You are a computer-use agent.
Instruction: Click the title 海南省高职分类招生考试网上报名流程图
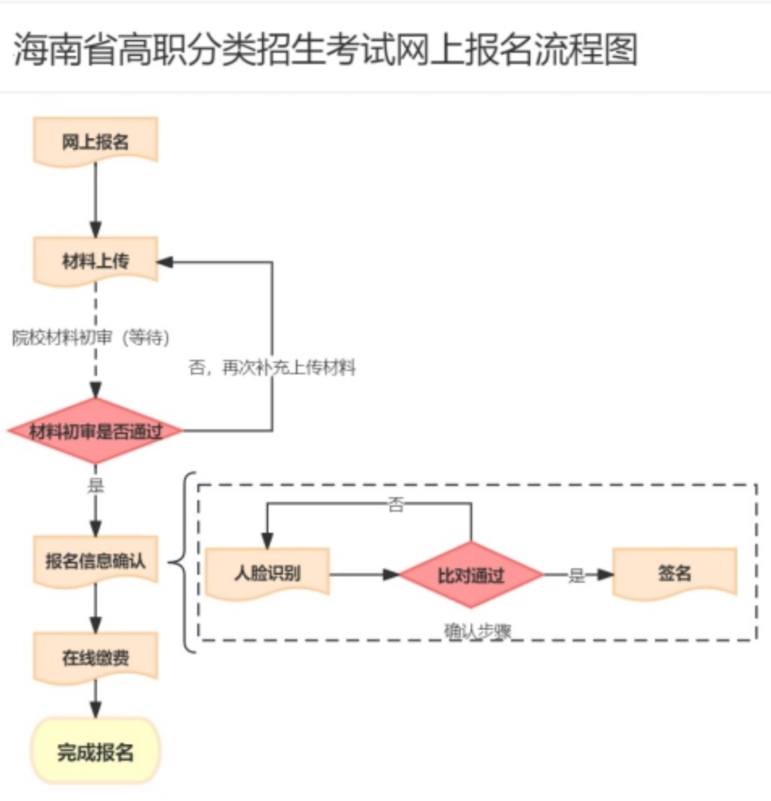click(x=326, y=50)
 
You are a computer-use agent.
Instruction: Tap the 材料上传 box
click(x=96, y=261)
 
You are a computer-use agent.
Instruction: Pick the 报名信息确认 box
click(x=96, y=560)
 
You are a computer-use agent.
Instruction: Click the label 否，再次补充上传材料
click(x=272, y=367)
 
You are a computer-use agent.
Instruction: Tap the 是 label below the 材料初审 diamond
click(x=96, y=486)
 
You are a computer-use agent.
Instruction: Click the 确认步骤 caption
click(x=478, y=631)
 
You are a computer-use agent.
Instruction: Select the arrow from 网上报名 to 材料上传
click(x=96, y=200)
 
